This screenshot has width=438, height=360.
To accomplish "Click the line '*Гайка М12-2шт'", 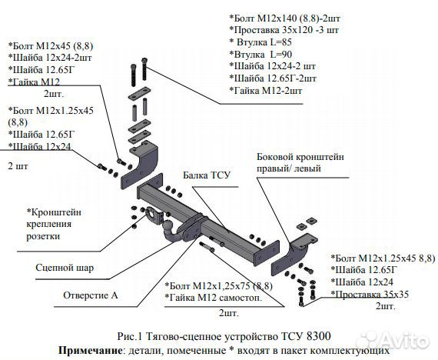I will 270,91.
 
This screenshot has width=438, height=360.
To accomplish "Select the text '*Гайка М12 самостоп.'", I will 214,298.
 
